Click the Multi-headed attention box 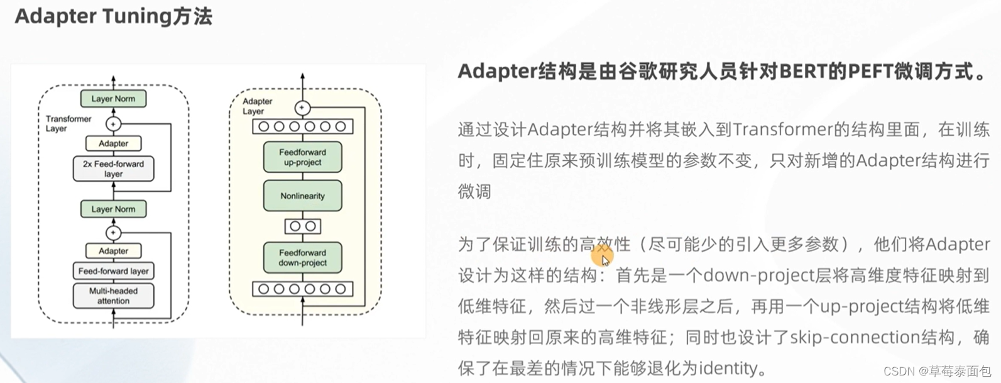113,296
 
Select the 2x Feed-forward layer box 113,169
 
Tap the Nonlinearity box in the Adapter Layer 302,196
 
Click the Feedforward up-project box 302,157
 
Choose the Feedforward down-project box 302,258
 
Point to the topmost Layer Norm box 113,99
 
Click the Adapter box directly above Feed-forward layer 113,251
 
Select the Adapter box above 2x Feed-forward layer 113,143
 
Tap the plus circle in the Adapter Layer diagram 302,108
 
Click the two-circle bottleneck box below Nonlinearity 302,226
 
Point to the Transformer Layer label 68,123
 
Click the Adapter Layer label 257,106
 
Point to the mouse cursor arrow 604,260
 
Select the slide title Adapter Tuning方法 113,16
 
